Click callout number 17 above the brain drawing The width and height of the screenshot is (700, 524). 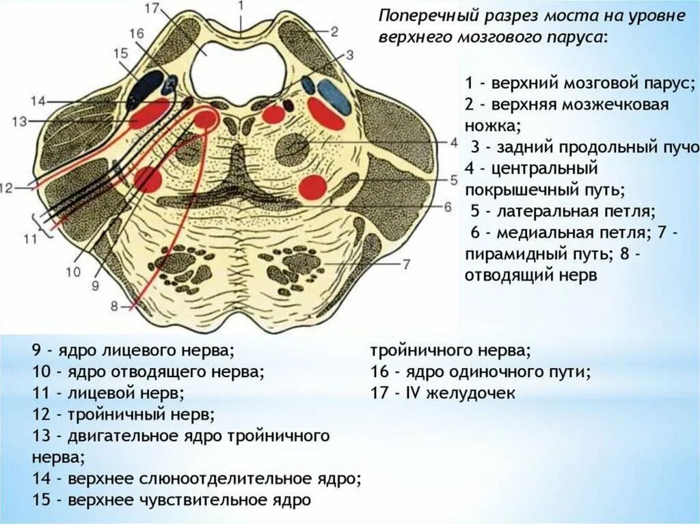point(152,10)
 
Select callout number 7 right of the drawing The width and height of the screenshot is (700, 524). point(405,264)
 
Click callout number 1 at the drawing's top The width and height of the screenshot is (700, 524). point(241,5)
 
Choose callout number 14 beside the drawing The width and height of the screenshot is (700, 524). point(38,101)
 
